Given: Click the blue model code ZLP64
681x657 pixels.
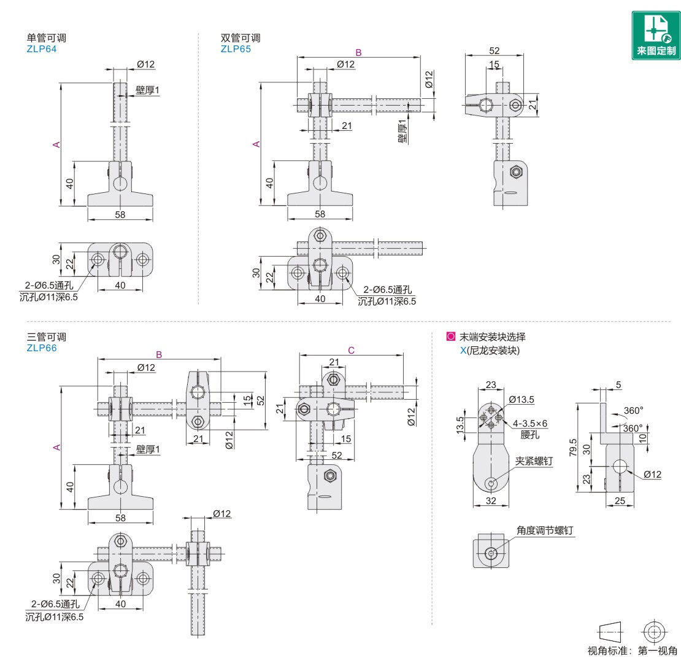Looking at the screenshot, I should [x=42, y=49].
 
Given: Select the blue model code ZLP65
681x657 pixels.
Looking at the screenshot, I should [x=236, y=49].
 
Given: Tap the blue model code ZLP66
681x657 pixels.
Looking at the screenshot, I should [x=42, y=348].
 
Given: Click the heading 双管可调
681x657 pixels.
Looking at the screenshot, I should [x=240, y=38].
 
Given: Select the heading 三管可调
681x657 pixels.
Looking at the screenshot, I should [x=47, y=336].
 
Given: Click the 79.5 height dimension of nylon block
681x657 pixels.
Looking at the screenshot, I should [x=573, y=447].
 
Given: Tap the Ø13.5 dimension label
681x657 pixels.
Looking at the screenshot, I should [x=521, y=399].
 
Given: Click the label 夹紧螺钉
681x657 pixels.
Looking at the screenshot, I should [x=534, y=461].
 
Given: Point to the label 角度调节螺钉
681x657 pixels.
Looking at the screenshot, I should [x=545, y=531].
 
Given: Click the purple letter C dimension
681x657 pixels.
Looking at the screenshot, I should [x=351, y=351].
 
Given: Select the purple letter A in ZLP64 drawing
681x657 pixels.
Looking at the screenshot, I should [x=56, y=144].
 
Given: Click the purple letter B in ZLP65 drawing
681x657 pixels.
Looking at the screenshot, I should [x=359, y=53].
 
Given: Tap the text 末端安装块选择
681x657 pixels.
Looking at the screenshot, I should [x=493, y=336].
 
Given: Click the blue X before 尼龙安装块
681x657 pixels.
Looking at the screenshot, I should [x=463, y=351].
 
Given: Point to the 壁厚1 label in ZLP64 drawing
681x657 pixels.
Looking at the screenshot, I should [x=147, y=90].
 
